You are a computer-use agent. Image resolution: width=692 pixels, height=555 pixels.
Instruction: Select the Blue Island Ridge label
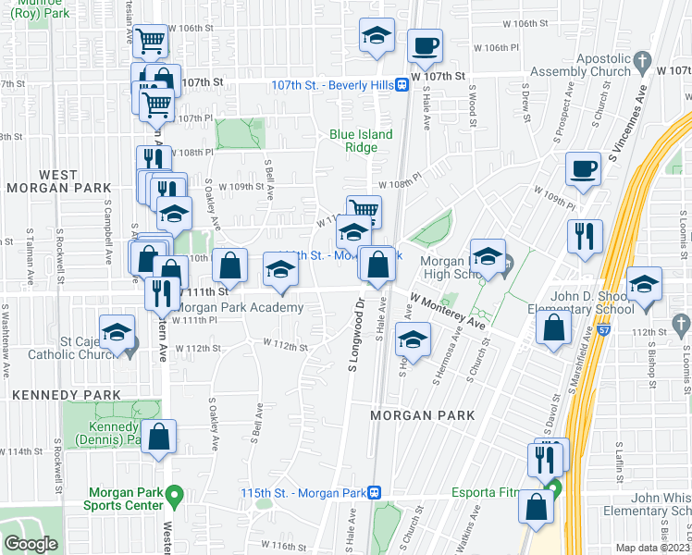pyautogui.click(x=361, y=141)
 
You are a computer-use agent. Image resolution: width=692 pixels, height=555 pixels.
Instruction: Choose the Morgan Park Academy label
pyautogui.click(x=239, y=308)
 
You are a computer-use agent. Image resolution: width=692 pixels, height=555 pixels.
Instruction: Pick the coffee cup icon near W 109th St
pyautogui.click(x=584, y=168)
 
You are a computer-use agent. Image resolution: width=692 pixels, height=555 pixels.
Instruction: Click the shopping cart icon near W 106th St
pyautogui.click(x=150, y=41)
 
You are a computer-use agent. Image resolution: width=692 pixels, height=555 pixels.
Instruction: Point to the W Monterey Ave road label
pyautogui.click(x=449, y=313)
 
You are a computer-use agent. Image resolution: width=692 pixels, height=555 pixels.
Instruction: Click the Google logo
pyautogui.click(x=31, y=543)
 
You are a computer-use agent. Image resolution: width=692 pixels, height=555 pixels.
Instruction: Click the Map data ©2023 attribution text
pyautogui.click(x=653, y=548)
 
